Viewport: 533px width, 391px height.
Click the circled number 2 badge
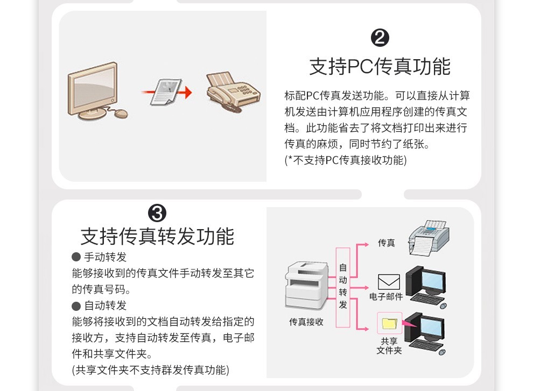pyautogui.click(x=380, y=38)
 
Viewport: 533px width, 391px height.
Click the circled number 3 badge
pyautogui.click(x=157, y=214)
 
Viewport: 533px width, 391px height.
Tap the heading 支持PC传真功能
pyautogui.click(x=380, y=66)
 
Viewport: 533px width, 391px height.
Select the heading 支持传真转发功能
pyautogui.click(x=157, y=236)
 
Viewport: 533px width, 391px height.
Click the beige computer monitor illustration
pyautogui.click(x=93, y=90)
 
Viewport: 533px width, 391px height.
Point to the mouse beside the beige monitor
pyautogui.click(x=121, y=113)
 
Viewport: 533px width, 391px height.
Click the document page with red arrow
pyautogui.click(x=166, y=92)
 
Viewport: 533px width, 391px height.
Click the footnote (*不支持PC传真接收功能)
pyautogui.click(x=345, y=160)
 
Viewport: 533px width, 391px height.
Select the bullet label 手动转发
pyautogui.click(x=106, y=257)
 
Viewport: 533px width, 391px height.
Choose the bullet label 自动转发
pyautogui.click(x=106, y=305)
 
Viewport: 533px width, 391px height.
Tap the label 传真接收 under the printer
pyautogui.click(x=306, y=322)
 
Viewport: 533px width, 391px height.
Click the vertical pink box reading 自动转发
pyautogui.click(x=343, y=287)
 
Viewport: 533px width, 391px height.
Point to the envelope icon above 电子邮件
pyautogui.click(x=389, y=282)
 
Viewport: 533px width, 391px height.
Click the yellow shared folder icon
pyautogui.click(x=390, y=323)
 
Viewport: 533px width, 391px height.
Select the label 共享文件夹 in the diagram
pyautogui.click(x=389, y=346)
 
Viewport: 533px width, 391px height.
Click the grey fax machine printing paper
pyautogui.click(x=429, y=238)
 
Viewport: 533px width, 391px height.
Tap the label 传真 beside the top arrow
pyautogui.click(x=387, y=243)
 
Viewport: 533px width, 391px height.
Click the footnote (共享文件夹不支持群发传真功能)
pyautogui.click(x=151, y=370)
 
